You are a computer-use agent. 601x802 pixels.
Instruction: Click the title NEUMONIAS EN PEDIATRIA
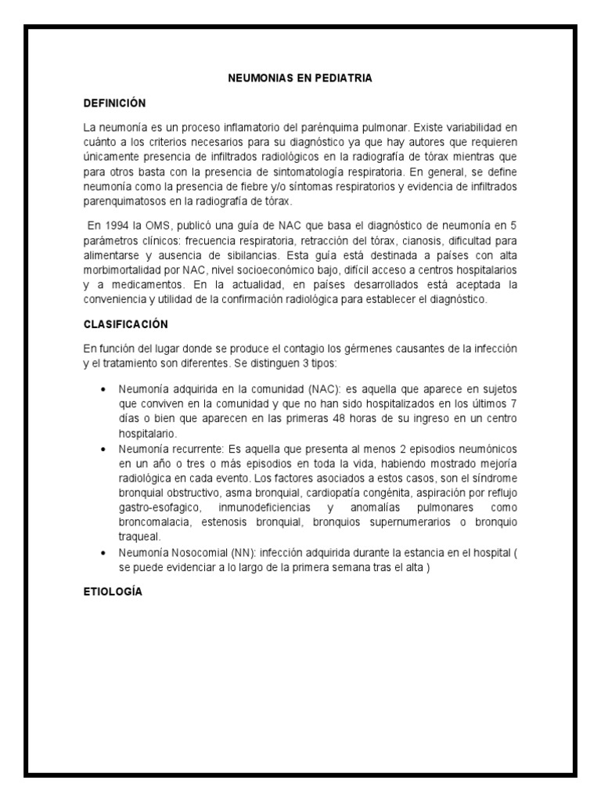(x=300, y=78)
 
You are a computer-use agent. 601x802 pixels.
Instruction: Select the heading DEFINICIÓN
(x=114, y=103)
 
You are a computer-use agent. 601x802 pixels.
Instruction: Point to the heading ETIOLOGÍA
(x=113, y=592)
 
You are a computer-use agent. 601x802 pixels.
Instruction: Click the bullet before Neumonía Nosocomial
(x=104, y=553)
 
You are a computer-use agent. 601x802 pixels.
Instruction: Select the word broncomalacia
(x=155, y=522)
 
